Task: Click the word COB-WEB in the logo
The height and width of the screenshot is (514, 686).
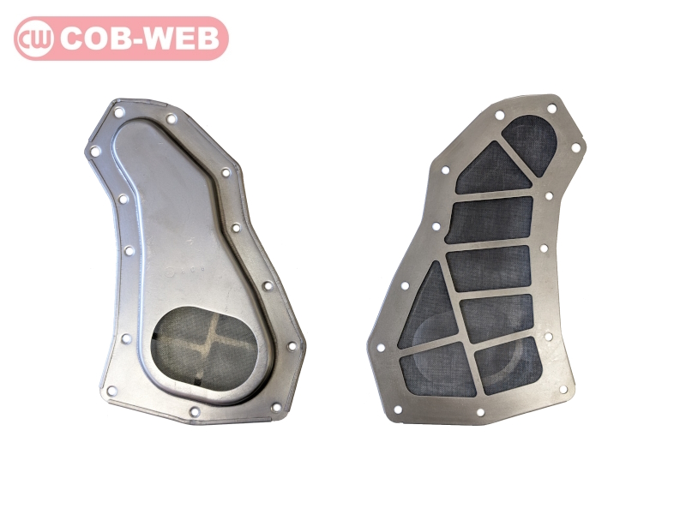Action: point(140,39)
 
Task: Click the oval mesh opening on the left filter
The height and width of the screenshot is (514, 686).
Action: point(204,347)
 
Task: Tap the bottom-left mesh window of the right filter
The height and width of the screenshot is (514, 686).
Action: point(437,370)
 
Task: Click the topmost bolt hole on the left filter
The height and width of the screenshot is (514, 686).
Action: point(118,112)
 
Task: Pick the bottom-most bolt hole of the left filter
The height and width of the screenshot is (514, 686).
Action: point(195,411)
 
